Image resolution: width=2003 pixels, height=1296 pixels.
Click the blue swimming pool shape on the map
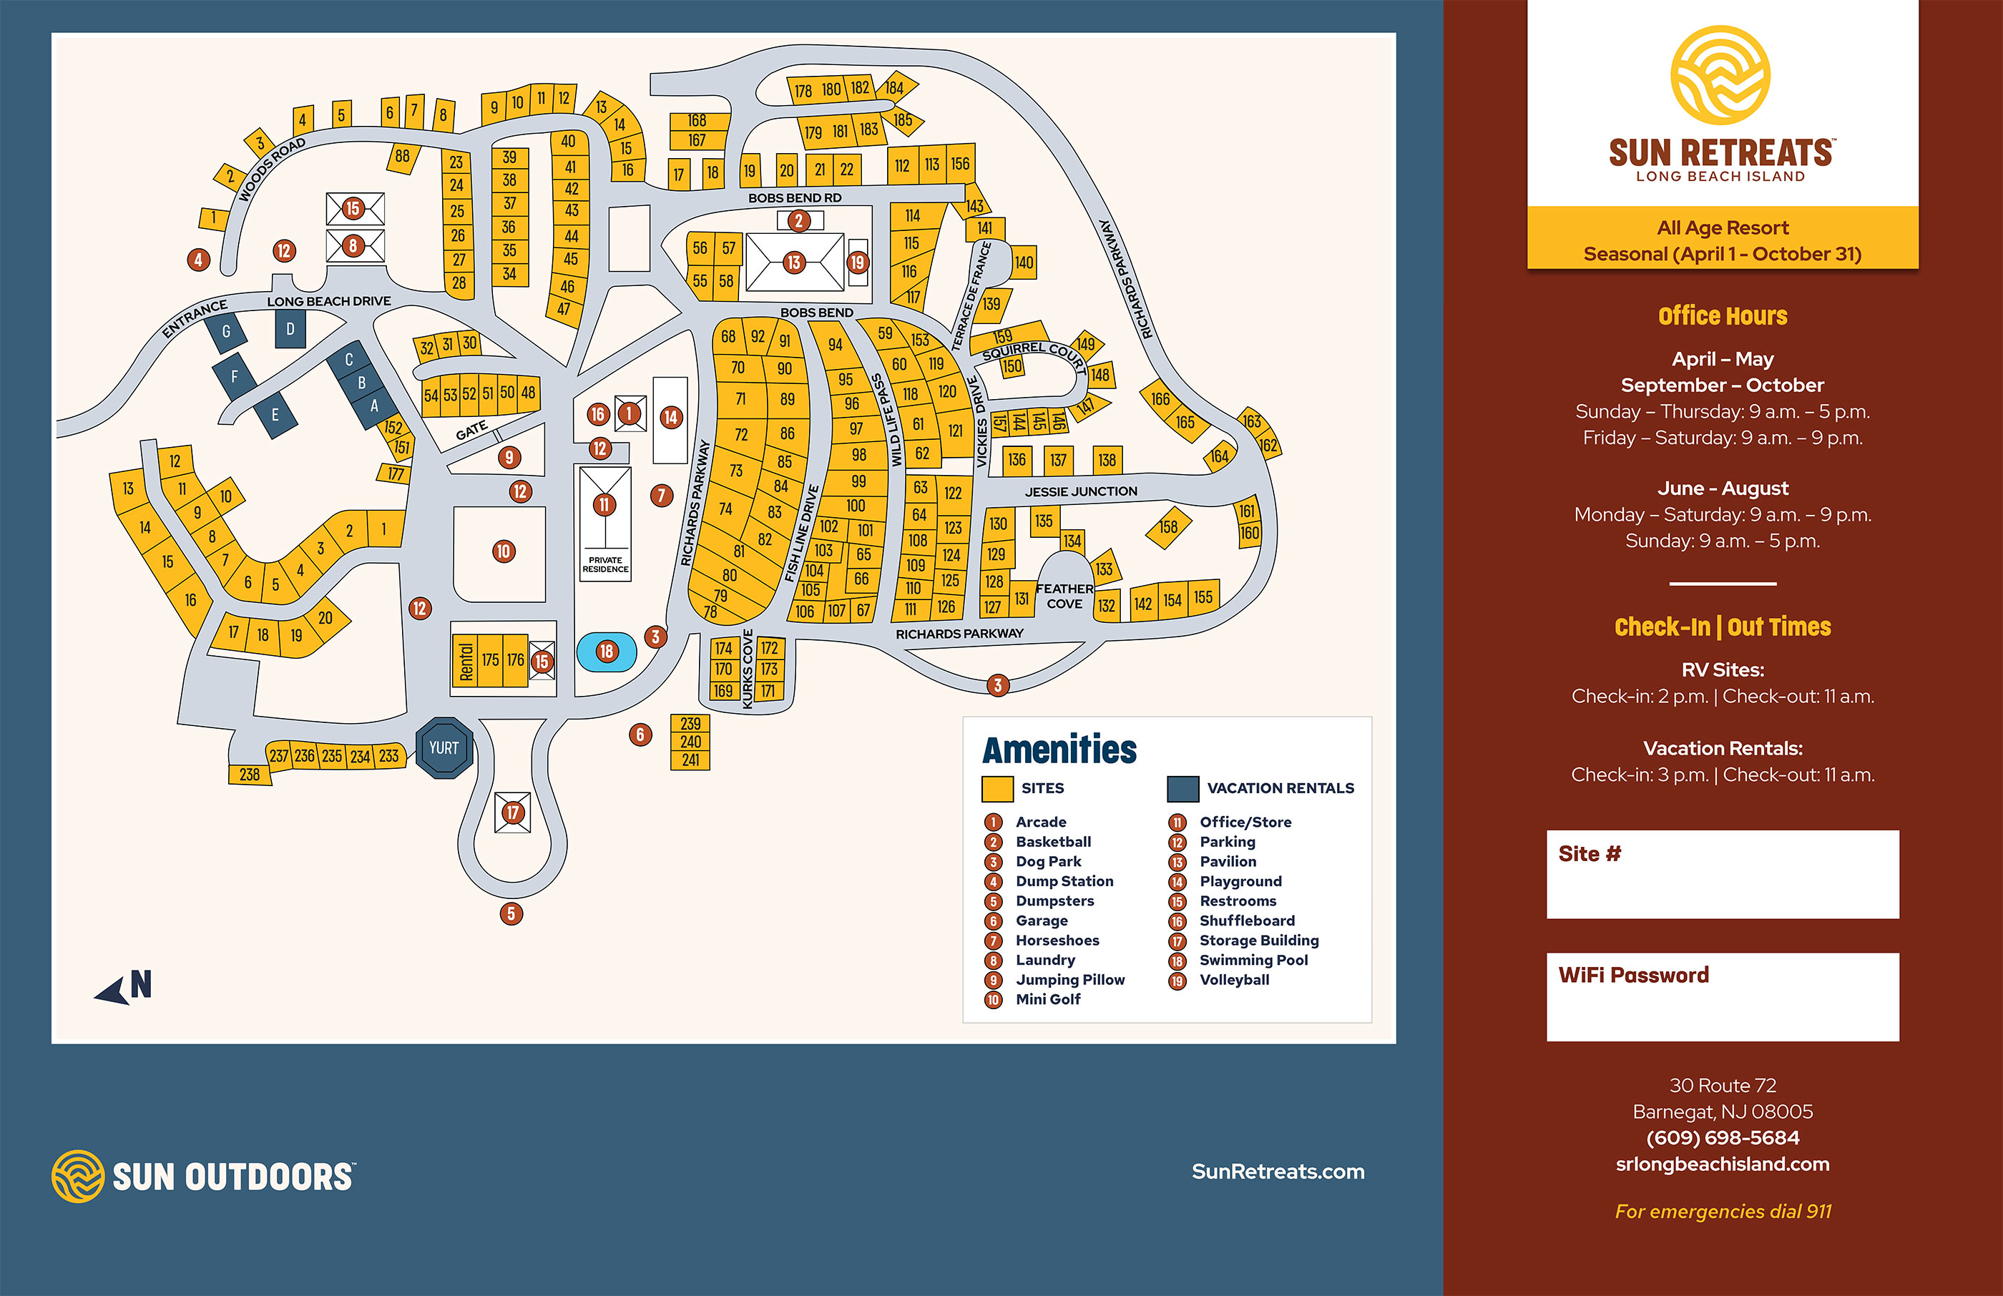606,652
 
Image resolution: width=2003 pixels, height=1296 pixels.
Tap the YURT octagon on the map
444,747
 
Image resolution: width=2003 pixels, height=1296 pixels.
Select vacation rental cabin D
290,329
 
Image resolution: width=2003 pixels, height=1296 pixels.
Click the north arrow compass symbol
124,986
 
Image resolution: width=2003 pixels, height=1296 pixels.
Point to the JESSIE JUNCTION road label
1081,491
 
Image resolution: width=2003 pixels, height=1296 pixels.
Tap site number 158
1168,527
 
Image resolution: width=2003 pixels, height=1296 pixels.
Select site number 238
250,774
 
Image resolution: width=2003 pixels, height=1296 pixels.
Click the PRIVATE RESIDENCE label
605,565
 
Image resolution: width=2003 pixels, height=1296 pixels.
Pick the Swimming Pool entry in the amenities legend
1253,961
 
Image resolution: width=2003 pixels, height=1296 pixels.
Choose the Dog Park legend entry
1048,862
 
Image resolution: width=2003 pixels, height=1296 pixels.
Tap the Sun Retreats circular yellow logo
1720,76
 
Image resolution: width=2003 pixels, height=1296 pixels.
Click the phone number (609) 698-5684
1722,1138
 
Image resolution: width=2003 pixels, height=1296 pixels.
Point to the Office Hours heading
1722,316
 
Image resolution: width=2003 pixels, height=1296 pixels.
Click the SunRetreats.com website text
1278,1172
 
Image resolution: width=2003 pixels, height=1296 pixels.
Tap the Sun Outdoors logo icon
77,1176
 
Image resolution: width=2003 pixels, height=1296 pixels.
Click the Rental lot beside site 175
466,662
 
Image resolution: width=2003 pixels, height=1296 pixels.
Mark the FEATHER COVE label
1064,596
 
